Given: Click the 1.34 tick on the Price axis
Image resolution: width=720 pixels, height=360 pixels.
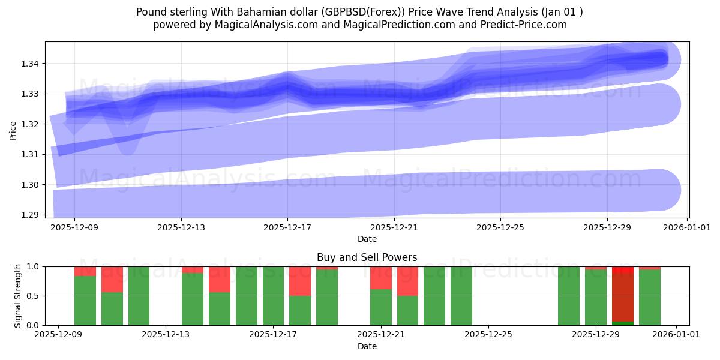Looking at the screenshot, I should (31, 64).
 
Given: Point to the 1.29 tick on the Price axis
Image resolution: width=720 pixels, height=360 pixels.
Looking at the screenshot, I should (31, 215).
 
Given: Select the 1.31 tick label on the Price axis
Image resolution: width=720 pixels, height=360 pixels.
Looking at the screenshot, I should (31, 154).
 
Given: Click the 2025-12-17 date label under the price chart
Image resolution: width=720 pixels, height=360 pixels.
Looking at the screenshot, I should (287, 227).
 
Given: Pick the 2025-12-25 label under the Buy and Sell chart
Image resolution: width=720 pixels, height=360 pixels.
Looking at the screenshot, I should (488, 335).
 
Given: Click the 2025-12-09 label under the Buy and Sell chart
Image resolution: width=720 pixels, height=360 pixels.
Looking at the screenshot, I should (58, 335).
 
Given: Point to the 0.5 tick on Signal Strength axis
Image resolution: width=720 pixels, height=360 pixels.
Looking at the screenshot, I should (33, 296).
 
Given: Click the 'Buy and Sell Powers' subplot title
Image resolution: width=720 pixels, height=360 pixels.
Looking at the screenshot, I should (367, 257).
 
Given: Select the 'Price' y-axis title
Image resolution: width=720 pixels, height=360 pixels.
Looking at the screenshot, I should (14, 130).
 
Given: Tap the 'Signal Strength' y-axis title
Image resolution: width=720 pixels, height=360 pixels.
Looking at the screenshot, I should (18, 295).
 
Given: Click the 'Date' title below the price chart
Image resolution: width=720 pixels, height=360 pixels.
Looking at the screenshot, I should (367, 239).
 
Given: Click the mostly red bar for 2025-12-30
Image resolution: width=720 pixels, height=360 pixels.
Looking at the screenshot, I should (623, 297).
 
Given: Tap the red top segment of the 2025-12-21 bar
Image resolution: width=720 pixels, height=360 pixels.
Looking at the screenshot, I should (380, 278).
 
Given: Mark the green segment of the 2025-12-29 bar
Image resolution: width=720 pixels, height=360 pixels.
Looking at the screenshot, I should (596, 298).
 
